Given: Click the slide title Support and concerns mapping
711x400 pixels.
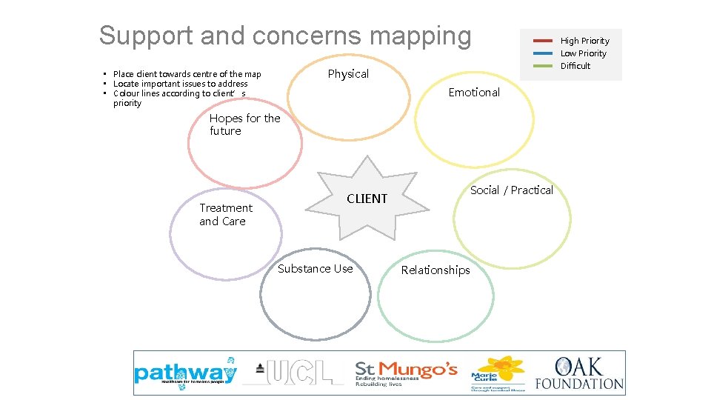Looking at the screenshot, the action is pyautogui.click(x=284, y=36).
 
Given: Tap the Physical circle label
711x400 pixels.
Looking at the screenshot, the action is pyautogui.click(x=348, y=74).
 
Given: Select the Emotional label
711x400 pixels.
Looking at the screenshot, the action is pyautogui.click(x=474, y=93).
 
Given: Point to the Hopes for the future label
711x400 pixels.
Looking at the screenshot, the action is pyautogui.click(x=244, y=124).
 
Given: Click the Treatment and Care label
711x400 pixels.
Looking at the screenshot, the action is pyautogui.click(x=225, y=215).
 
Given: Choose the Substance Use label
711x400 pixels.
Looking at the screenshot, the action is pyautogui.click(x=315, y=269).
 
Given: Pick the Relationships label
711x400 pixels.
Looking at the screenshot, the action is pyautogui.click(x=435, y=270).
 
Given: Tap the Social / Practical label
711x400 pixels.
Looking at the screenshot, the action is pyautogui.click(x=511, y=190).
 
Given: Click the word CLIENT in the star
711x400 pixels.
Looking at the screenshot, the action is pyautogui.click(x=367, y=199).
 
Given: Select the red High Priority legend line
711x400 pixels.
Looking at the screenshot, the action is pyautogui.click(x=542, y=41).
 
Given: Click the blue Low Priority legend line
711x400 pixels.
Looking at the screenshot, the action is pyautogui.click(x=542, y=53).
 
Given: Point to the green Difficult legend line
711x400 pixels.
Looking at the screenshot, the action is pyautogui.click(x=542, y=66).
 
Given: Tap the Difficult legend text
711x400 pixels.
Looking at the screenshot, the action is pyautogui.click(x=575, y=66).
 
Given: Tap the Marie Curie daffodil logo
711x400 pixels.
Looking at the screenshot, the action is pyautogui.click(x=498, y=373).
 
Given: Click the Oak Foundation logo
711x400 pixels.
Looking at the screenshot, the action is pyautogui.click(x=579, y=373).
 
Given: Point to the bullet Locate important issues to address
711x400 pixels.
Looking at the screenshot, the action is pyautogui.click(x=180, y=84).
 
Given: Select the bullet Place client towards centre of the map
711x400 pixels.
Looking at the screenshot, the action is pyautogui.click(x=187, y=74).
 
